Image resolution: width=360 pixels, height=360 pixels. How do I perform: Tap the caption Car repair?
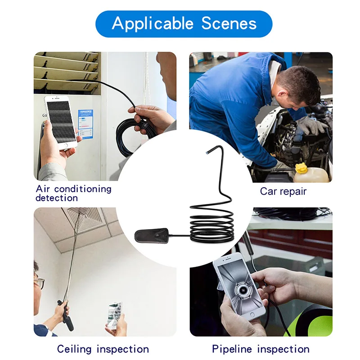[283, 191]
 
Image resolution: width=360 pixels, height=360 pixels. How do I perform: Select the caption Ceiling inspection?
[103, 349]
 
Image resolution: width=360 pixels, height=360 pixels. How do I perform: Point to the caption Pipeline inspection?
[261, 349]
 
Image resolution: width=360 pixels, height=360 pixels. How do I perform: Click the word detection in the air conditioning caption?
[57, 198]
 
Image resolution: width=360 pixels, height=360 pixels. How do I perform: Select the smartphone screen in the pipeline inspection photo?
[236, 288]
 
